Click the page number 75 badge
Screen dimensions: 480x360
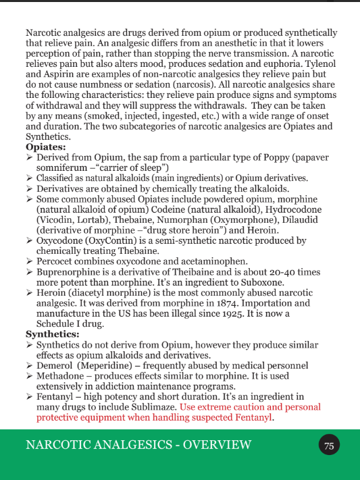[x=329, y=446]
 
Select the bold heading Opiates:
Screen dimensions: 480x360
[x=45, y=146]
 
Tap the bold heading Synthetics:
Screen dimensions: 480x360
[x=52, y=334]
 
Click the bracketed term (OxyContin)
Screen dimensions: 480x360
[x=111, y=240]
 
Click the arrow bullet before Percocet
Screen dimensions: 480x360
[x=29, y=261]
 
